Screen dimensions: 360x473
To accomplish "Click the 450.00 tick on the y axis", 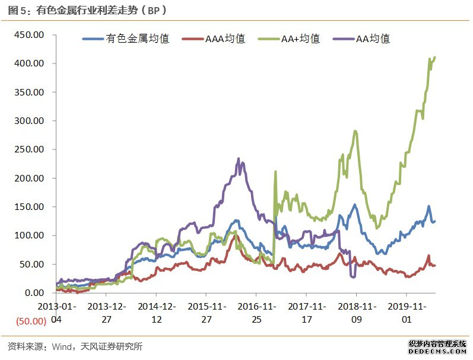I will tap(29, 34).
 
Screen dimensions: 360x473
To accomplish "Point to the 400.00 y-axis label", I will tap(29, 63).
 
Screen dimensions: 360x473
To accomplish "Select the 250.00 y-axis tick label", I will tap(29, 149).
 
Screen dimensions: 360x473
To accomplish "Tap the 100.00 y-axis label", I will tap(29, 235).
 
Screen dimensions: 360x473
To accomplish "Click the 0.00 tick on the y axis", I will tap(34, 293).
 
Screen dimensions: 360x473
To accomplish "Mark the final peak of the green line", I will tap(434, 58).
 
